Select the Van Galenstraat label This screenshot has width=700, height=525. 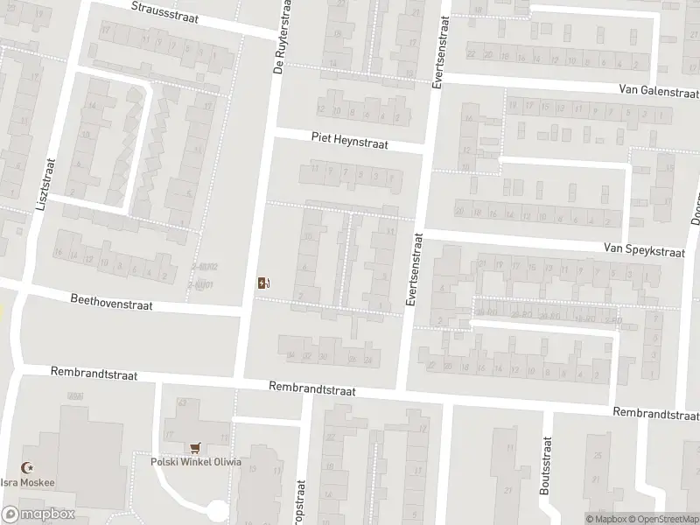coord(657,90)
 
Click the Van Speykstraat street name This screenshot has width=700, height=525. coord(643,249)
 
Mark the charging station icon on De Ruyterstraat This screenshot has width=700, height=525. coord(262,282)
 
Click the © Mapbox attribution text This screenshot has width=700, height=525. coord(605,519)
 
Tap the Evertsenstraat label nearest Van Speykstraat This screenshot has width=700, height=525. coord(410,269)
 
